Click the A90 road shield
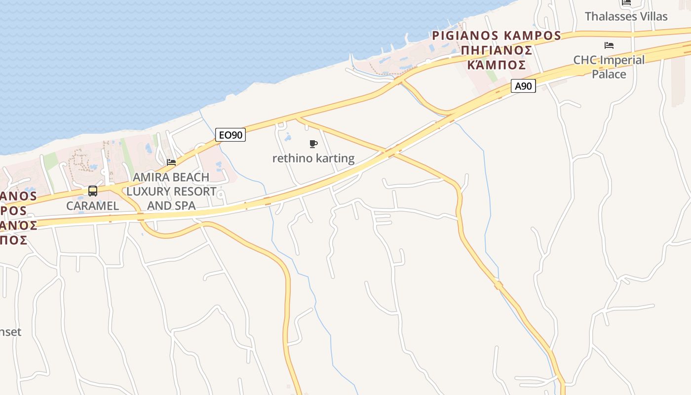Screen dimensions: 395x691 523,86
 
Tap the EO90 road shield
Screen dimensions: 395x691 230,134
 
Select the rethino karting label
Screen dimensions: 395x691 313,158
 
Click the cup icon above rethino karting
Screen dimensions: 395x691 313,144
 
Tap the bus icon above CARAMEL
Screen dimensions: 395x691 93,191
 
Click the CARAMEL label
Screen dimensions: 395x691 93,206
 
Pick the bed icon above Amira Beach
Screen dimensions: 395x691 171,162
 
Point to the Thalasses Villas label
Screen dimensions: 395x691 626,16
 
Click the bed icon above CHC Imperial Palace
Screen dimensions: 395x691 609,45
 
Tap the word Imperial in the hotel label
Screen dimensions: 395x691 622,60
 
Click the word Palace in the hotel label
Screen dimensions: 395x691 609,75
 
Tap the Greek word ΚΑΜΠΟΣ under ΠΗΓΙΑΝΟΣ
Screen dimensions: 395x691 496,65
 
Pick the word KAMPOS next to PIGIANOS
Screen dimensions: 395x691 532,36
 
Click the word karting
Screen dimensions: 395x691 335,158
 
